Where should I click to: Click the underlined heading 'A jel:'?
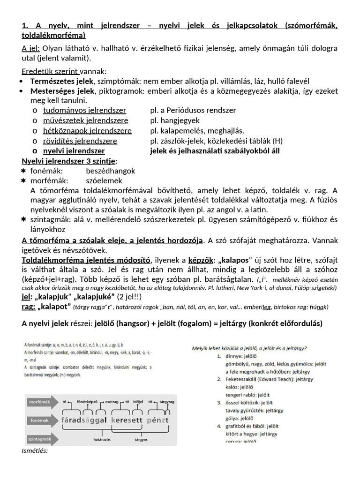coord(31,48)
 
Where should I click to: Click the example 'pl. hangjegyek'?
coord(175,120)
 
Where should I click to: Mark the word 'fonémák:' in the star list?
coord(47,171)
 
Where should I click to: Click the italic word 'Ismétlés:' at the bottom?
coord(35,451)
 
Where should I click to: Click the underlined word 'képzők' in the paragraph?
coord(200,260)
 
